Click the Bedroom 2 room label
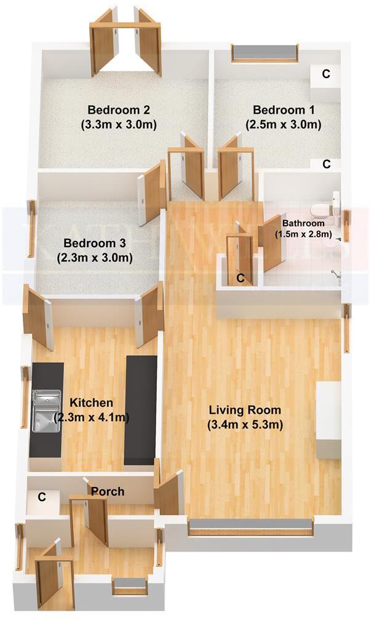pos(119,111)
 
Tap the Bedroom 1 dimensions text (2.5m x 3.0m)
pos(284,124)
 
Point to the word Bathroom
pos(303,223)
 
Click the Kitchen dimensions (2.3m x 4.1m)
pos(91,418)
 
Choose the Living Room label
pos(245,410)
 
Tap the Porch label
pos(108,492)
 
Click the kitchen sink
pos(46,411)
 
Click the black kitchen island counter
pos(140,410)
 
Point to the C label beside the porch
pos(42,497)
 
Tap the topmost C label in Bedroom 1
pos(327,74)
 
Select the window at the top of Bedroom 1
pos(265,52)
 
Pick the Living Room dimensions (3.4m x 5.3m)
pos(245,424)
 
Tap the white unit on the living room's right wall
pos(328,420)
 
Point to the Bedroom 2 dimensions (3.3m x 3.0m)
pos(119,124)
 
